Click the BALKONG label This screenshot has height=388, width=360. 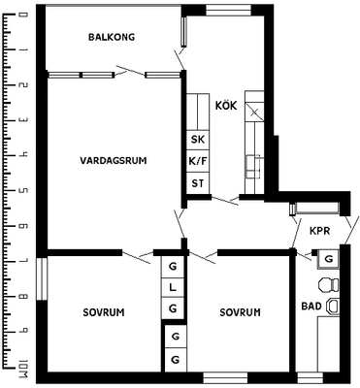coord(112,37)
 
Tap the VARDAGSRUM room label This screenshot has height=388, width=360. coord(114,160)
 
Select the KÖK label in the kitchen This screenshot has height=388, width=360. coord(226,106)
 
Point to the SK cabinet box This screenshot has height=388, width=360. coord(198,140)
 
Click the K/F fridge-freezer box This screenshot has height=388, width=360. coord(198,161)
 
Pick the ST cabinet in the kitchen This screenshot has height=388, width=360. coord(198,183)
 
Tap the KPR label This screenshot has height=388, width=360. coord(319,231)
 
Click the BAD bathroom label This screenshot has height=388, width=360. coord(311,306)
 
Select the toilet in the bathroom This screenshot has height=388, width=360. coord(329,284)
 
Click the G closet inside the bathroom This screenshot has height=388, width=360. coord(328,259)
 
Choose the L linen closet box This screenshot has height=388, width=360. coord(173,287)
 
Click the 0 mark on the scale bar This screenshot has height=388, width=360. coord(23,15)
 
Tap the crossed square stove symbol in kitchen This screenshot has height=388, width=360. coord(254,112)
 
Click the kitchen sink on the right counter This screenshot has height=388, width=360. coord(253,167)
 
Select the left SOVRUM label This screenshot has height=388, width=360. coord(104,312)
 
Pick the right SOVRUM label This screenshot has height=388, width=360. coord(240,312)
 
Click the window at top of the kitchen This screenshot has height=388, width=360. coord(228,10)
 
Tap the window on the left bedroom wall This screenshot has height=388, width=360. coord(42,278)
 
